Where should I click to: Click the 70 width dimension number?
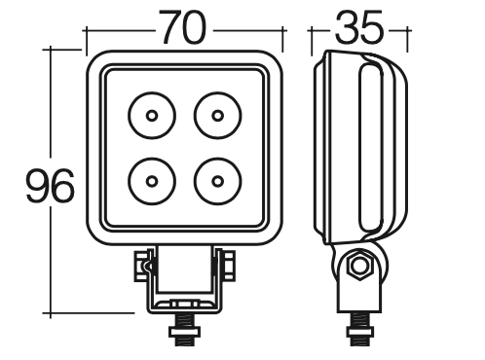(183, 27)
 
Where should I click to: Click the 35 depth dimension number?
(359, 27)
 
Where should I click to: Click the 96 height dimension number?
(50, 186)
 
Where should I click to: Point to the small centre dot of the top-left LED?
(152, 116)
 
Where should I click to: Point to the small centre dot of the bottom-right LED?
(218, 181)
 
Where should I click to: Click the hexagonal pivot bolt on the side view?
(359, 267)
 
